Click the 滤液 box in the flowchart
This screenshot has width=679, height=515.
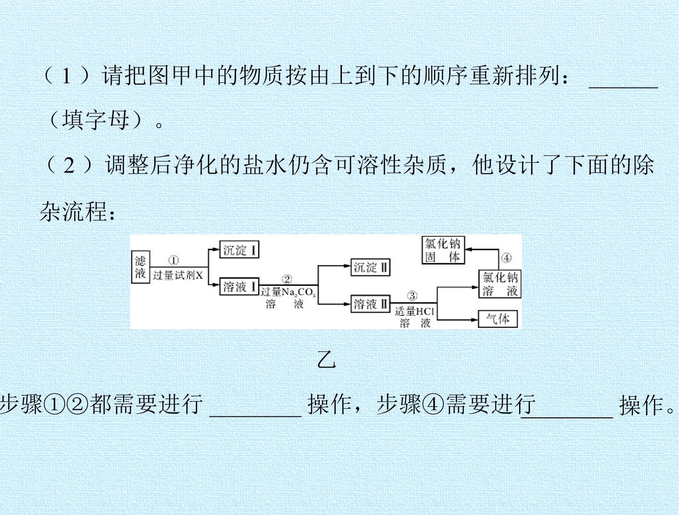pyautogui.click(x=141, y=267)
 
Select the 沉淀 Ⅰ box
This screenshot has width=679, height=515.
pyautogui.click(x=239, y=249)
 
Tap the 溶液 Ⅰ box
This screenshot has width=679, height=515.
pyautogui.click(x=239, y=287)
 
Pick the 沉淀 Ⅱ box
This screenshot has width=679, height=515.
pyautogui.click(x=370, y=267)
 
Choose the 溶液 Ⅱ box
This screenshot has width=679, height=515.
pyautogui.click(x=370, y=304)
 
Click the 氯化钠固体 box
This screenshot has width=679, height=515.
pyautogui.click(x=443, y=250)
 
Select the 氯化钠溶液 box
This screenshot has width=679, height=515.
pyautogui.click(x=500, y=284)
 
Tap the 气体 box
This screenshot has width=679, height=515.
pyautogui.click(x=498, y=319)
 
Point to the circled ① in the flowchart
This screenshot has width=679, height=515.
pyautogui.click(x=173, y=260)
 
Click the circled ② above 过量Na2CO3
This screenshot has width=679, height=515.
pyautogui.click(x=287, y=280)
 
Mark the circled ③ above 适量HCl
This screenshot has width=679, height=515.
pyautogui.click(x=412, y=296)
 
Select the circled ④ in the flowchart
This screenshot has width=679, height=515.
pyautogui.click(x=506, y=258)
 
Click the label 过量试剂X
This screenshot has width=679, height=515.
pyautogui.click(x=178, y=275)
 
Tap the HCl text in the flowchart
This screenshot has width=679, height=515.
pyautogui.click(x=425, y=311)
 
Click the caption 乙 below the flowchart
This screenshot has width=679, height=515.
pyautogui.click(x=327, y=360)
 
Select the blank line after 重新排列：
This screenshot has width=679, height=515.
pyautogui.click(x=623, y=88)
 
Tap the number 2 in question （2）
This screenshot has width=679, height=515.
pyautogui.click(x=69, y=166)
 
